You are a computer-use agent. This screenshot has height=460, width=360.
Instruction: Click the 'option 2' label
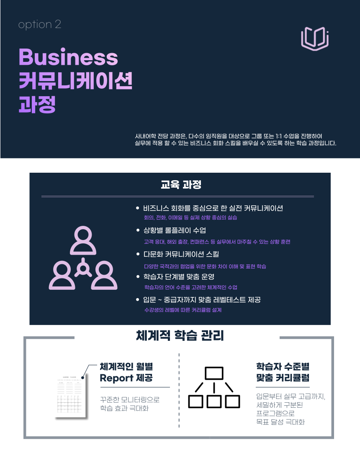click(x=40, y=25)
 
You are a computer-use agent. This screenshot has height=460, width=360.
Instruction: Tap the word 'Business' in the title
click(x=68, y=57)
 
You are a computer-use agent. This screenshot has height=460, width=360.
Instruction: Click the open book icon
click(x=315, y=38)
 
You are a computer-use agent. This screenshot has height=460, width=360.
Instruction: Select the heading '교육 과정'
click(x=181, y=184)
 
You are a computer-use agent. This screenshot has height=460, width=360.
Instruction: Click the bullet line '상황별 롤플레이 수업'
click(x=175, y=231)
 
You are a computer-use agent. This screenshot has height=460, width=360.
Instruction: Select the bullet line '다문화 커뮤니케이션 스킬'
click(x=181, y=254)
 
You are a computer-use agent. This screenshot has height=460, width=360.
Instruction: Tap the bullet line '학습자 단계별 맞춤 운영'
click(x=179, y=277)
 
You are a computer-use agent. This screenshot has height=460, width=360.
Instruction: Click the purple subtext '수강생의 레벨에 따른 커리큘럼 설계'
click(x=183, y=310)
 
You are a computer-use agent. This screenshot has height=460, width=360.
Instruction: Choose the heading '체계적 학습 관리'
click(x=180, y=335)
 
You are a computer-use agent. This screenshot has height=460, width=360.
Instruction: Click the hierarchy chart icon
click(x=214, y=387)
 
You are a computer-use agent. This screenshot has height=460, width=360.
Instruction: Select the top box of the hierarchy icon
click(x=214, y=373)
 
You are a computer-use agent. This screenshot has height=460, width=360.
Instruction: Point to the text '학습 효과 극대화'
click(x=124, y=409)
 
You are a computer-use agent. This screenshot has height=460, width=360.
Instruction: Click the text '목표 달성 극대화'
click(x=280, y=422)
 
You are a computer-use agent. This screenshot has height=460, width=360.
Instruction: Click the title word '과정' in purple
click(x=37, y=105)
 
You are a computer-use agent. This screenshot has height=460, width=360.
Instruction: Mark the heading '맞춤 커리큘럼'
click(x=283, y=378)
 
